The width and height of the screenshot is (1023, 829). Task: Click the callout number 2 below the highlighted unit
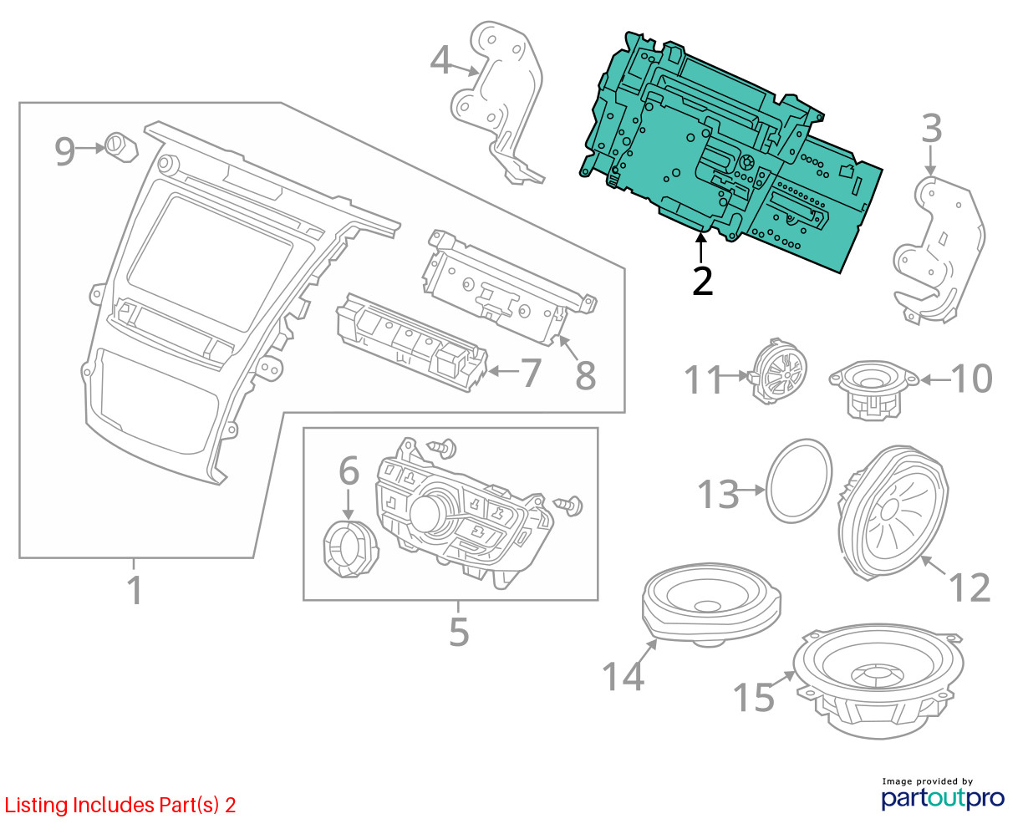tap(702, 282)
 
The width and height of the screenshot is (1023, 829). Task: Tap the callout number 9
tap(65, 150)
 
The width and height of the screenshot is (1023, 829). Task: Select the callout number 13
tap(718, 494)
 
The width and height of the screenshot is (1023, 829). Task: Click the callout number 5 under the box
tap(459, 632)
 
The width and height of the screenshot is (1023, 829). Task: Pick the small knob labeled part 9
tap(121, 146)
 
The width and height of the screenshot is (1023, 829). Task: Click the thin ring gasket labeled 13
tap(798, 481)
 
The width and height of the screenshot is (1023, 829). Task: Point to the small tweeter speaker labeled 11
tap(778, 371)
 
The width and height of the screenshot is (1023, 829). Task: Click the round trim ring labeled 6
tap(351, 550)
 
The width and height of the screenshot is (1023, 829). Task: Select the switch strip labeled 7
tap(412, 343)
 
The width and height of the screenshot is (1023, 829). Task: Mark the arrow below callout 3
tap(930, 161)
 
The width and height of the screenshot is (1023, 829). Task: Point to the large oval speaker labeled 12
tap(893, 512)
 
